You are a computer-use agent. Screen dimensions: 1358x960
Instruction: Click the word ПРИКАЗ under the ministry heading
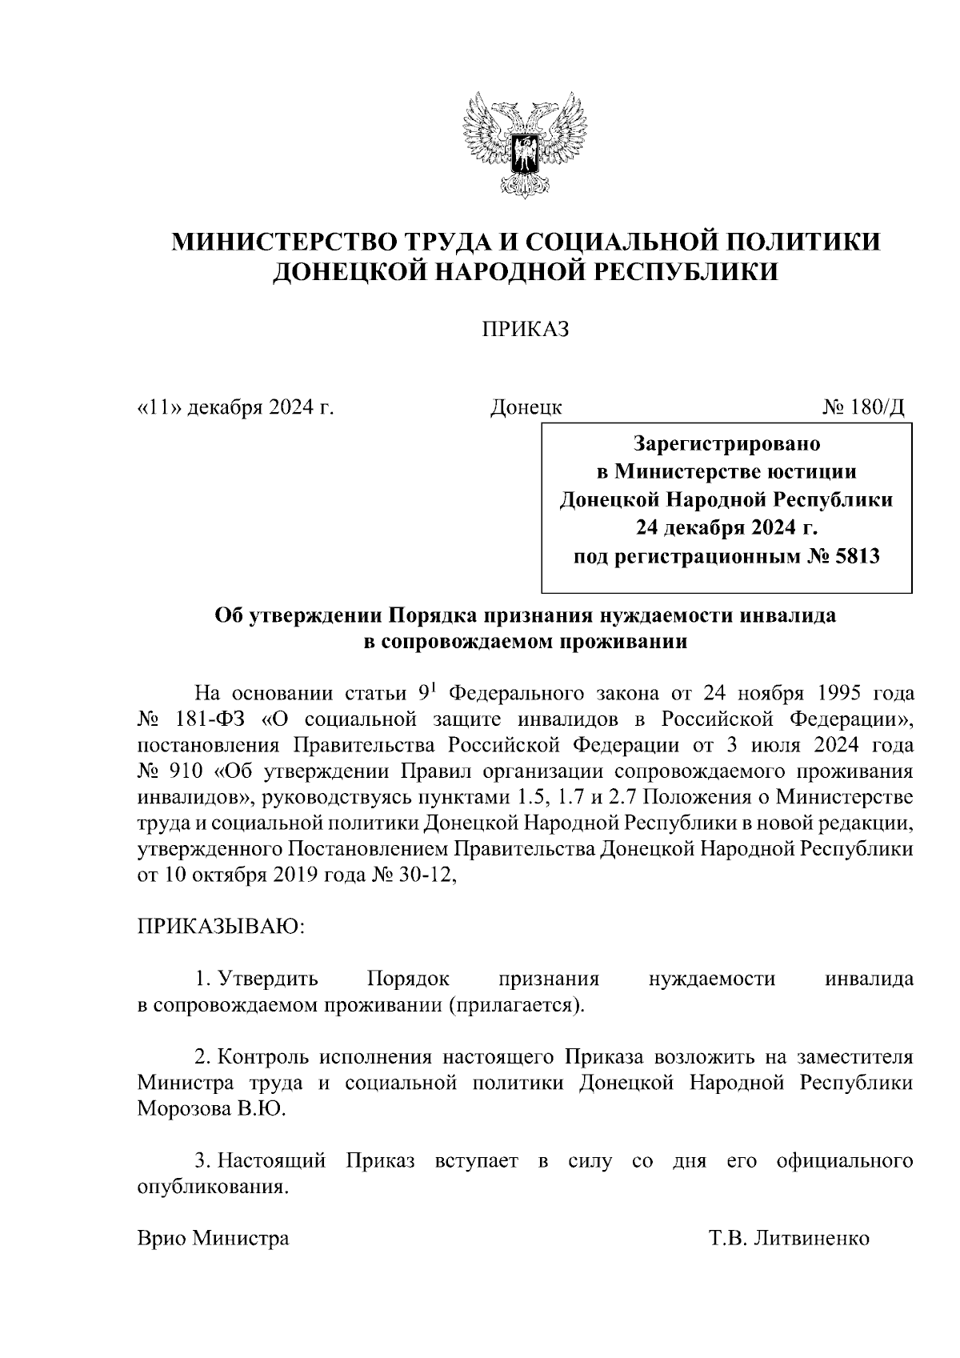524,330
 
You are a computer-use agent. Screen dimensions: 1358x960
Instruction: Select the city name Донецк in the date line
526,407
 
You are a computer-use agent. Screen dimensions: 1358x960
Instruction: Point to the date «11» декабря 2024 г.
235,407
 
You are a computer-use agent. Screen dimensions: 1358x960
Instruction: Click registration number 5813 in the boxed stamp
857,556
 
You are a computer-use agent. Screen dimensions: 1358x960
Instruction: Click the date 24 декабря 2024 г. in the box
726,528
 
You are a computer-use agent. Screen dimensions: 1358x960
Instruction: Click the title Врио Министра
213,1261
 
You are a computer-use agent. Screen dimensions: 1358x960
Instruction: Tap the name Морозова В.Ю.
210,1110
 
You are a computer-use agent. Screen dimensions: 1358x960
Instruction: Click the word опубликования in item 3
211,1187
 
